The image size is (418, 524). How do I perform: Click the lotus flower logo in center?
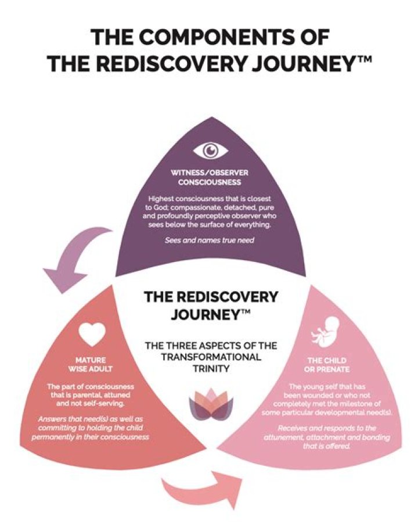click(210, 404)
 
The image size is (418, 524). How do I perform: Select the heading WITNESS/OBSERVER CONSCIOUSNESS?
click(210, 177)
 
